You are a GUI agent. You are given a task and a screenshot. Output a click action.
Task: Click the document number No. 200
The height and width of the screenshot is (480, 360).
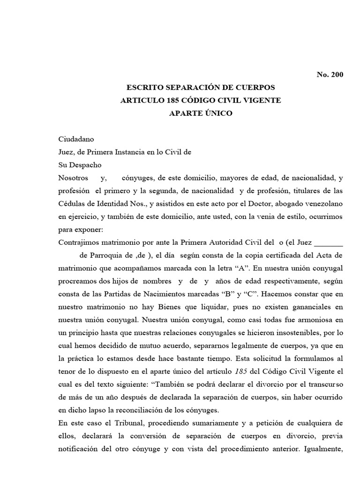pyautogui.click(x=330, y=75)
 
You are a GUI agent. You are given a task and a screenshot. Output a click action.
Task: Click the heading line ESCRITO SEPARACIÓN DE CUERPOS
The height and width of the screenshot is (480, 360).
pyautogui.click(x=201, y=88)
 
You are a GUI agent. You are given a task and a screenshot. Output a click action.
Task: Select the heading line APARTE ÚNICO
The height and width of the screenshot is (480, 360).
pyautogui.click(x=201, y=113)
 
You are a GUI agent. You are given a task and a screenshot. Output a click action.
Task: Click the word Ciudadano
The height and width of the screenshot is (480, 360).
pyautogui.click(x=76, y=139)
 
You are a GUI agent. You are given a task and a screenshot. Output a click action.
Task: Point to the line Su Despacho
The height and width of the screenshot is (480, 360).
pyautogui.click(x=79, y=165)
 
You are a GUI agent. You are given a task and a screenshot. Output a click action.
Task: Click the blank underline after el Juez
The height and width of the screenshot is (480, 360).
pyautogui.click(x=328, y=243)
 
